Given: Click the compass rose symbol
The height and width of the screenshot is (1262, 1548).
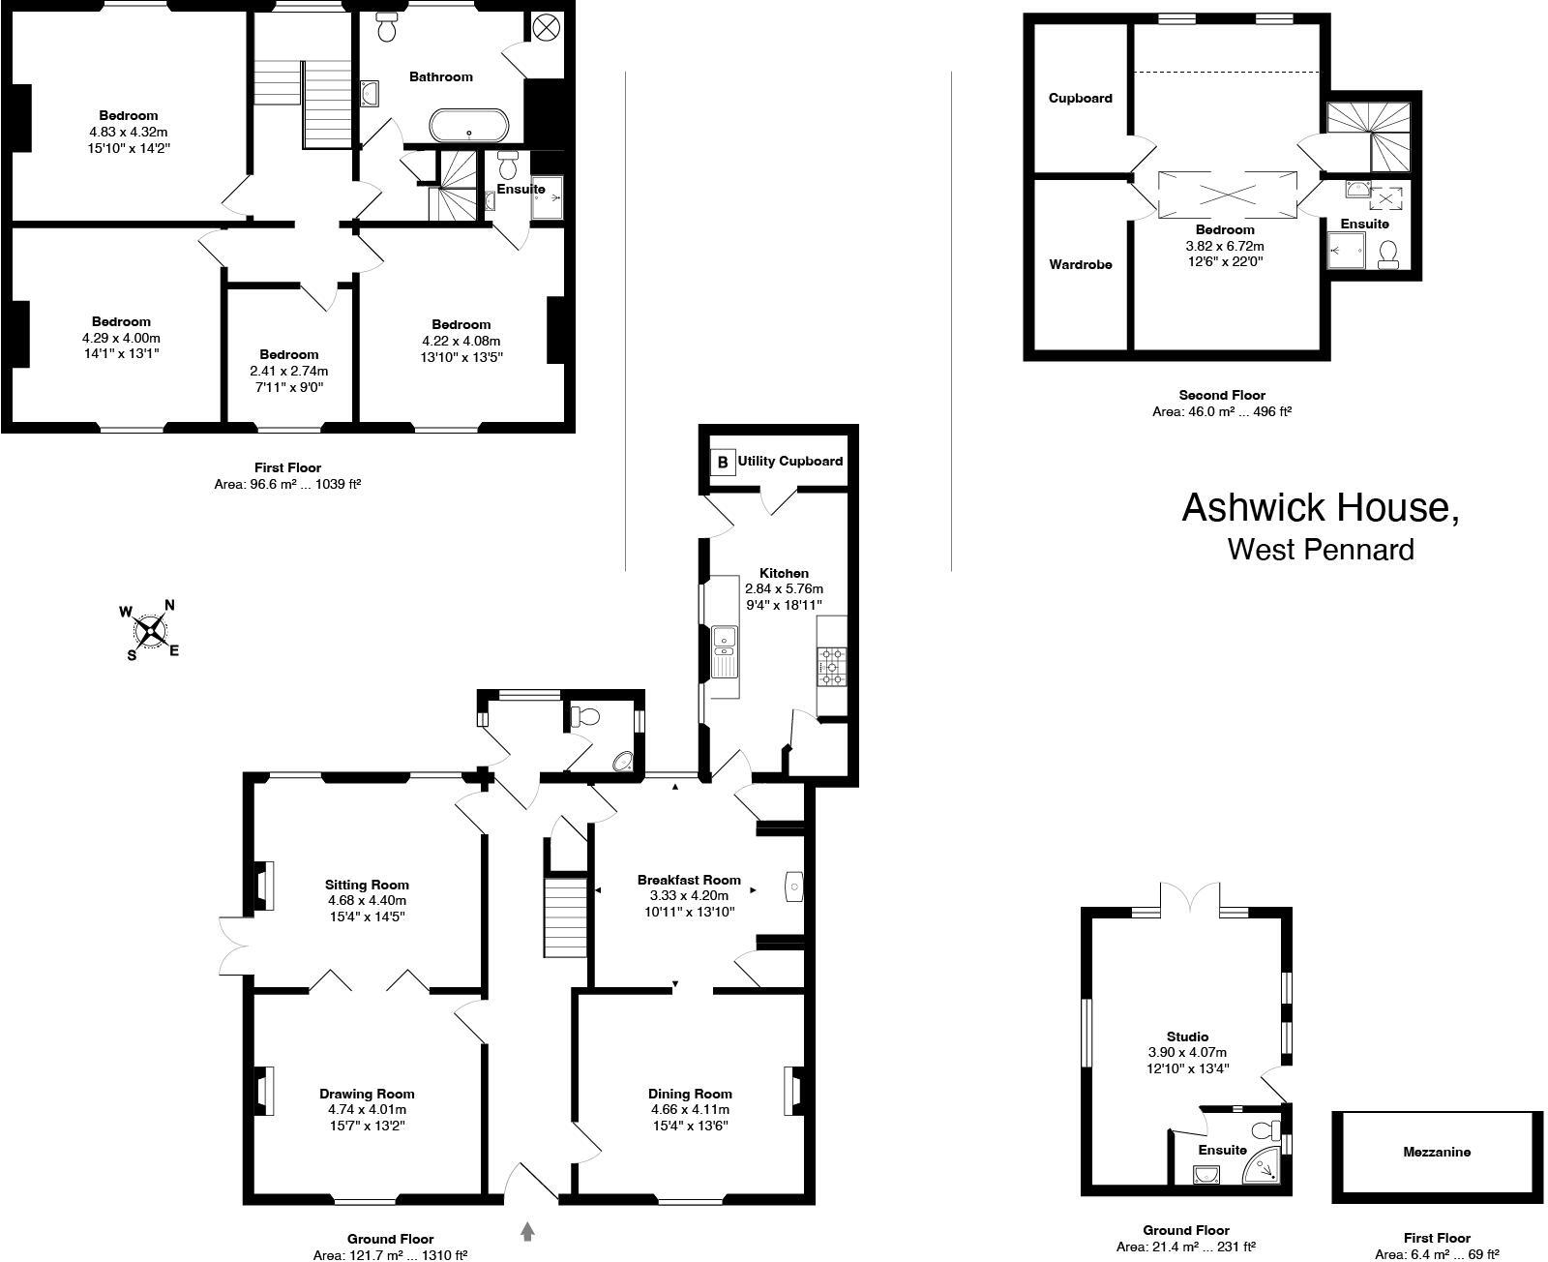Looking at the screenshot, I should [149, 631].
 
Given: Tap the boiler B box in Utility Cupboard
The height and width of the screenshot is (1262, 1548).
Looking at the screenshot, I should [722, 462].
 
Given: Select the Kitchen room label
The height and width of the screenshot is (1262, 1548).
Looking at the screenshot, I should [784, 573].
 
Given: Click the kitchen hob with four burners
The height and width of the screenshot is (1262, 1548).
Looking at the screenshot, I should [832, 667].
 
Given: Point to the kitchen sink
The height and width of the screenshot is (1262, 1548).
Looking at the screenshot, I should [723, 639].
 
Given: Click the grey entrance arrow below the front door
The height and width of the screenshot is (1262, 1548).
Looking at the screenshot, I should [528, 1231].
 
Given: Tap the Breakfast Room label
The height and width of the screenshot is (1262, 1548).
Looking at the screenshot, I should [689, 880].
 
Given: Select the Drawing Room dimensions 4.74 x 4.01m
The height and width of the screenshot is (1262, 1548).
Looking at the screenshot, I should [367, 1109].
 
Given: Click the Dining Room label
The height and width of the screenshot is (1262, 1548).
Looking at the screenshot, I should [689, 1094].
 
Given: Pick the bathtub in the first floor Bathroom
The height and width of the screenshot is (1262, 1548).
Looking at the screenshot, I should [468, 126].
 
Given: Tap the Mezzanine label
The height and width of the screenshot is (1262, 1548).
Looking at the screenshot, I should [1437, 1152].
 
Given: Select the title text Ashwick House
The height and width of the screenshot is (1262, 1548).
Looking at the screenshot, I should [1320, 509].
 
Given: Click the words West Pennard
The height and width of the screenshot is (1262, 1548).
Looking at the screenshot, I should [1320, 550].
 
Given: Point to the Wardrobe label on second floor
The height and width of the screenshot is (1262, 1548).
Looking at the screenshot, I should [1081, 264].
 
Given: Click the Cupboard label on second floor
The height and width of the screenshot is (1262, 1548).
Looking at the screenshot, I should [1081, 98].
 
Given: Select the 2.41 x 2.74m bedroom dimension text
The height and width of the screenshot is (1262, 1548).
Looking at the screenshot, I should [288, 371].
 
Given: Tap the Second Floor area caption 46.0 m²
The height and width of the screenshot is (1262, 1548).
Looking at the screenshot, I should [1222, 410].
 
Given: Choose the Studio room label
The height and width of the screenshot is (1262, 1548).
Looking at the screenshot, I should [1186, 1037].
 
